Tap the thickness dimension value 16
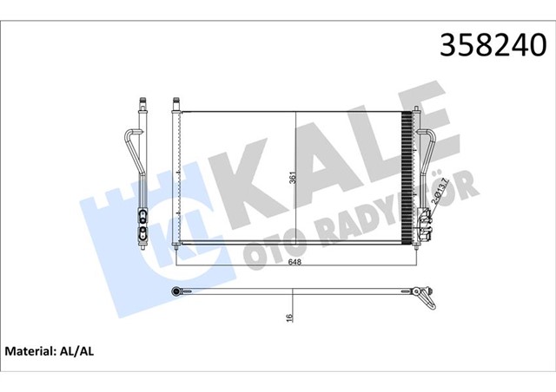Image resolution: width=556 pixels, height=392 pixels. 290,317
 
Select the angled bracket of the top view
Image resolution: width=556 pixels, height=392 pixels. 427,299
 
